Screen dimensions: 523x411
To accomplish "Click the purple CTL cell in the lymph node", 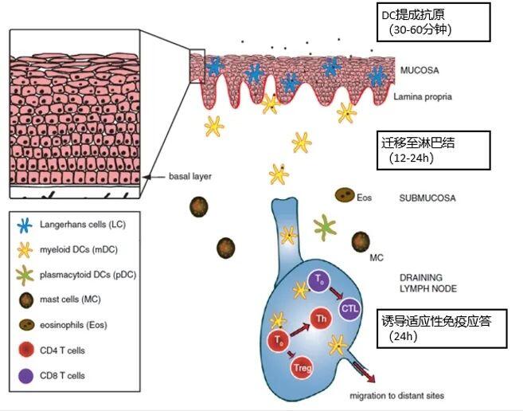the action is click(x=349, y=308).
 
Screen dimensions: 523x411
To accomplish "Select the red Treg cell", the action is click(x=302, y=368).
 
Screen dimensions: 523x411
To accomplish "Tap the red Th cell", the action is click(x=322, y=318).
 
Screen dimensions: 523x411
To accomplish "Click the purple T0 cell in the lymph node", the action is click(x=319, y=281).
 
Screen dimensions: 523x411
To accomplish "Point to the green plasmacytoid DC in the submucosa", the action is click(x=325, y=227).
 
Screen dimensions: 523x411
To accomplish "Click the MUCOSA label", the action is click(x=420, y=70).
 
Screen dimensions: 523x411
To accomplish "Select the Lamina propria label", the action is click(x=423, y=97).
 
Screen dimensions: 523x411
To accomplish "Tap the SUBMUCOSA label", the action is click(x=427, y=198).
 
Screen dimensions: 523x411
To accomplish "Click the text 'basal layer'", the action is click(x=189, y=176).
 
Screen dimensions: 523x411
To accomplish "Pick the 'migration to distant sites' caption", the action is click(x=396, y=396).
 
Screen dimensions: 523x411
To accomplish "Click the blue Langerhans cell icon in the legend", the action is click(x=25, y=225).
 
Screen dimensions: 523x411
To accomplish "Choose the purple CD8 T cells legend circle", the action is click(x=26, y=376).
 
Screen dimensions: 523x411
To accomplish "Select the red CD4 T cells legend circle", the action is click(x=26, y=350).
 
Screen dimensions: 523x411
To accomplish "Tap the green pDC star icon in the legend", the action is click(x=25, y=275).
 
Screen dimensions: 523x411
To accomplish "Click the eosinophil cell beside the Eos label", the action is click(x=345, y=195).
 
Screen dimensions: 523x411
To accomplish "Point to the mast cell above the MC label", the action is click(x=361, y=241).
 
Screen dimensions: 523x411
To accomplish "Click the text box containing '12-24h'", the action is click(x=434, y=151).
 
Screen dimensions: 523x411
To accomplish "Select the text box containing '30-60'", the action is click(x=434, y=22).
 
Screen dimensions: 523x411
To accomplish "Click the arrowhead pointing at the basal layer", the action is click(x=147, y=177).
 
